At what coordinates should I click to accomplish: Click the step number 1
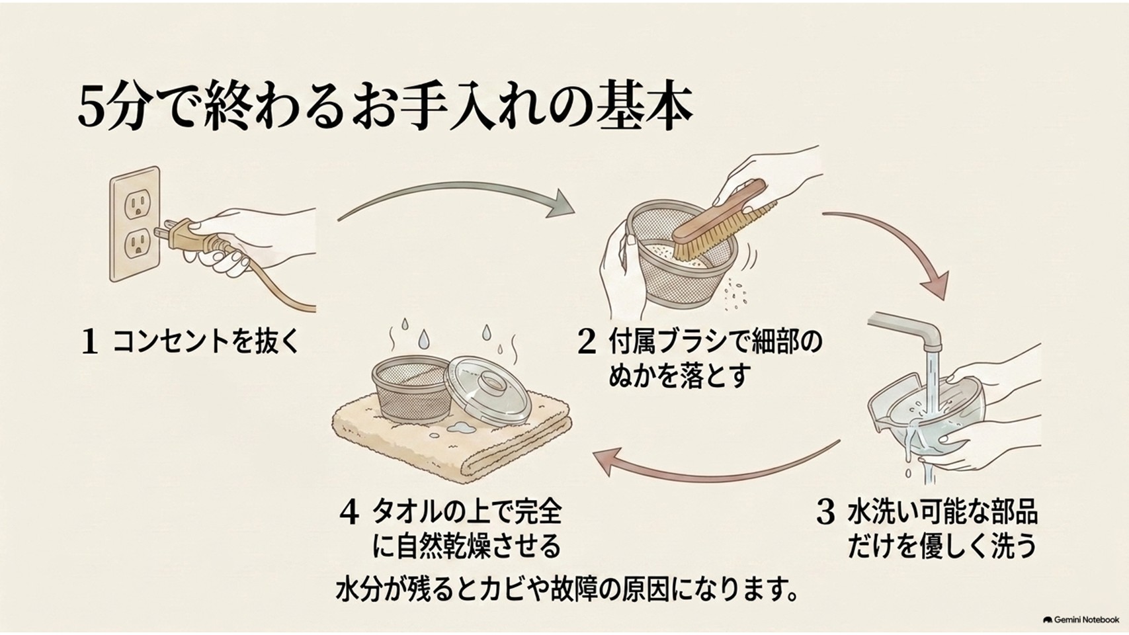click(x=89, y=342)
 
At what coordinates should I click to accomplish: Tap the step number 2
click(x=587, y=342)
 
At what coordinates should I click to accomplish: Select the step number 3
click(x=825, y=513)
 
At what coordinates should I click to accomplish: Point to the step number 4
click(x=349, y=513)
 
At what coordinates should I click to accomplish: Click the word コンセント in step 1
click(x=171, y=342)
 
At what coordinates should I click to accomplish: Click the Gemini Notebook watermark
click(x=1081, y=619)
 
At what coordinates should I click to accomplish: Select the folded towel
click(x=452, y=439)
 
